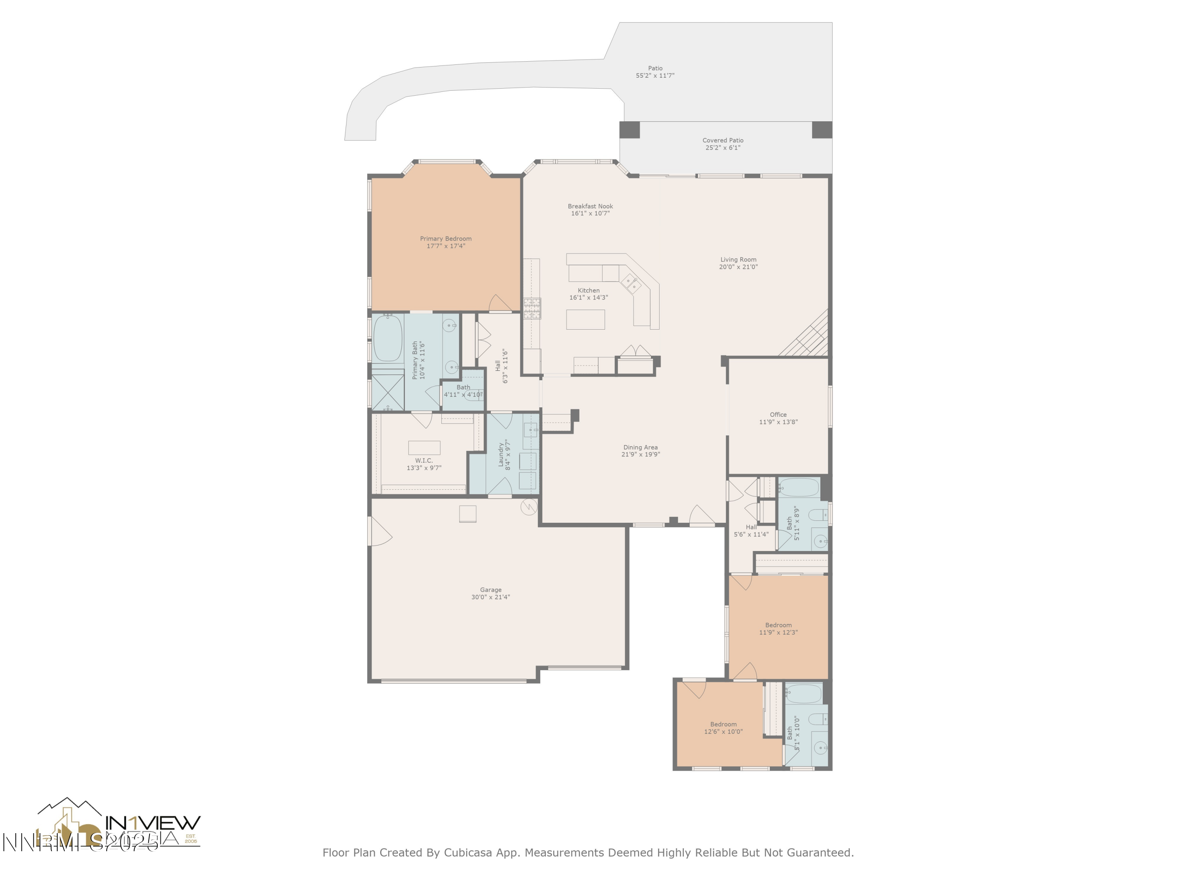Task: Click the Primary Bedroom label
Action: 445,239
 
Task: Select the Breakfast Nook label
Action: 590,206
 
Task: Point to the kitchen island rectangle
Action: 585,319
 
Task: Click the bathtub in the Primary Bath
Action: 387,339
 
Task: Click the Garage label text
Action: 490,590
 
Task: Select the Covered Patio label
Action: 723,140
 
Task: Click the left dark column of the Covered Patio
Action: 629,130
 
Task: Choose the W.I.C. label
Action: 424,460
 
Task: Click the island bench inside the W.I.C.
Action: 424,447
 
